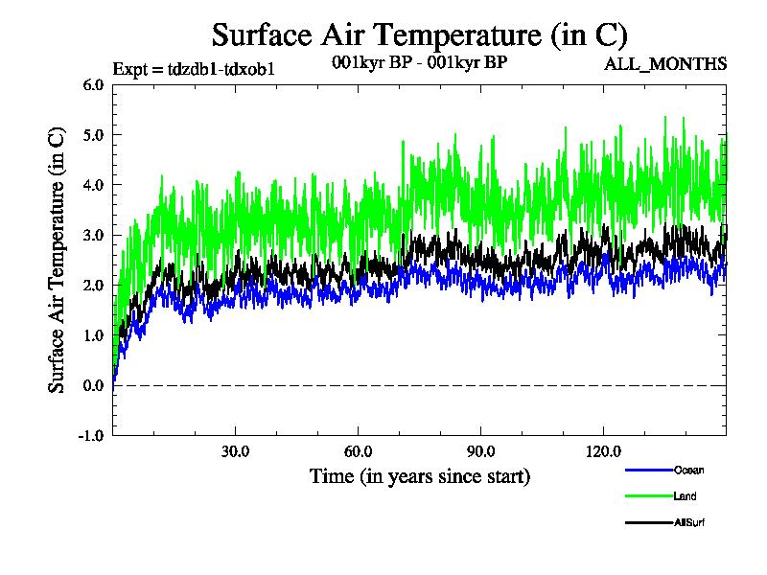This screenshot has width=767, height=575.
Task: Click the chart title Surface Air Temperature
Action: pyautogui.click(x=419, y=35)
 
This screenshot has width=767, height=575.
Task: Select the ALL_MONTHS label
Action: pyautogui.click(x=664, y=64)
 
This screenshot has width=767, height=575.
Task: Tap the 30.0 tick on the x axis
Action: pyautogui.click(x=235, y=451)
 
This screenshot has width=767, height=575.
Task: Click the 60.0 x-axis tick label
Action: pyautogui.click(x=358, y=451)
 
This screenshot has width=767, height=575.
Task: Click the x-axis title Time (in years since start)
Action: pyautogui.click(x=419, y=475)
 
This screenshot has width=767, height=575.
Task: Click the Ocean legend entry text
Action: pyautogui.click(x=687, y=470)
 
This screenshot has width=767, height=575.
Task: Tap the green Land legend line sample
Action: pyautogui.click(x=647, y=496)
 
